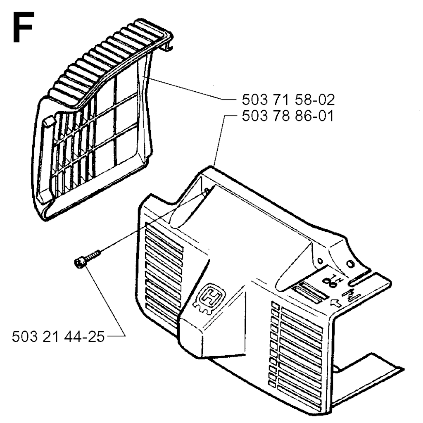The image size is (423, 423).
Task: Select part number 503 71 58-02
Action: coord(288,100)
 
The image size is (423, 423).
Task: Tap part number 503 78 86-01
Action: coord(288,116)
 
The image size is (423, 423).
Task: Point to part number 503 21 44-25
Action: coord(58,337)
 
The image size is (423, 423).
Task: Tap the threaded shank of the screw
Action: coord(93,255)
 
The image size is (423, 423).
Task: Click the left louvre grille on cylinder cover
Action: coord(164,269)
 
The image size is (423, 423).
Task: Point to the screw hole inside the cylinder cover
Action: coord(207,191)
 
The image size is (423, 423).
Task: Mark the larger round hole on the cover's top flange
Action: coord(350,263)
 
